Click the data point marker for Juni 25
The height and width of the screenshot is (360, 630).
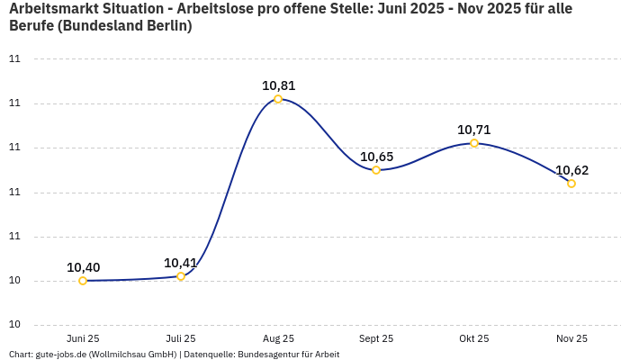pos(83,281)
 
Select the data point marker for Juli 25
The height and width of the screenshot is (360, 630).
pos(181,276)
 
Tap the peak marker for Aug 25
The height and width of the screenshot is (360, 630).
pos(278,99)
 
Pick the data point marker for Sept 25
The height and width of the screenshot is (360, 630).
pos(376,170)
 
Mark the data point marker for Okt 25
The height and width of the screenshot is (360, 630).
pos(474,143)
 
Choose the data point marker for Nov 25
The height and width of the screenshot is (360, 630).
pos(571,184)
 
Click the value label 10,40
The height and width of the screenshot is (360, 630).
pos(83,267)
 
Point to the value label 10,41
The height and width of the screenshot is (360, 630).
pos(181,263)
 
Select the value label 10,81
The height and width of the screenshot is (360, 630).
pos(278,85)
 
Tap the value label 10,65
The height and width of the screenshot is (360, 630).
pos(376,157)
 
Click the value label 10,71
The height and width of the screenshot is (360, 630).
pos(474,130)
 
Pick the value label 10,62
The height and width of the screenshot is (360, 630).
pos(571,170)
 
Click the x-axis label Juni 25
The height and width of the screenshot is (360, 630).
pos(83,338)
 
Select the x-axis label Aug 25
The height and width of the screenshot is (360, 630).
pos(278,338)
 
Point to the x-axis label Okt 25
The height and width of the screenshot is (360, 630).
pos(474,338)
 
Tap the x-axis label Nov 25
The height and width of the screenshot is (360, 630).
pos(571,338)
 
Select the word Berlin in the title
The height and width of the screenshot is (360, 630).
pos(169,25)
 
